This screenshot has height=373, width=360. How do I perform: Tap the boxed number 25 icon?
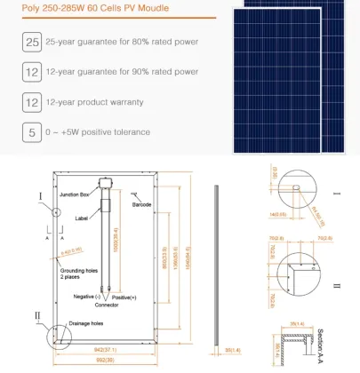[x=32, y=42]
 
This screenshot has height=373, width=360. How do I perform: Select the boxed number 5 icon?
[x=32, y=132]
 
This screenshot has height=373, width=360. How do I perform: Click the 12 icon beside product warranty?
[x=32, y=102]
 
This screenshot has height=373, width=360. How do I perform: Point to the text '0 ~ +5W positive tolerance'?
[x=100, y=132]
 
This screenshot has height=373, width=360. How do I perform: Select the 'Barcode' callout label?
[x=143, y=205]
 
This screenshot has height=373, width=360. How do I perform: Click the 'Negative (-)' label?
[x=87, y=295]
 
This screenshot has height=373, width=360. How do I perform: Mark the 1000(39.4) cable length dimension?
[x=116, y=240]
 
